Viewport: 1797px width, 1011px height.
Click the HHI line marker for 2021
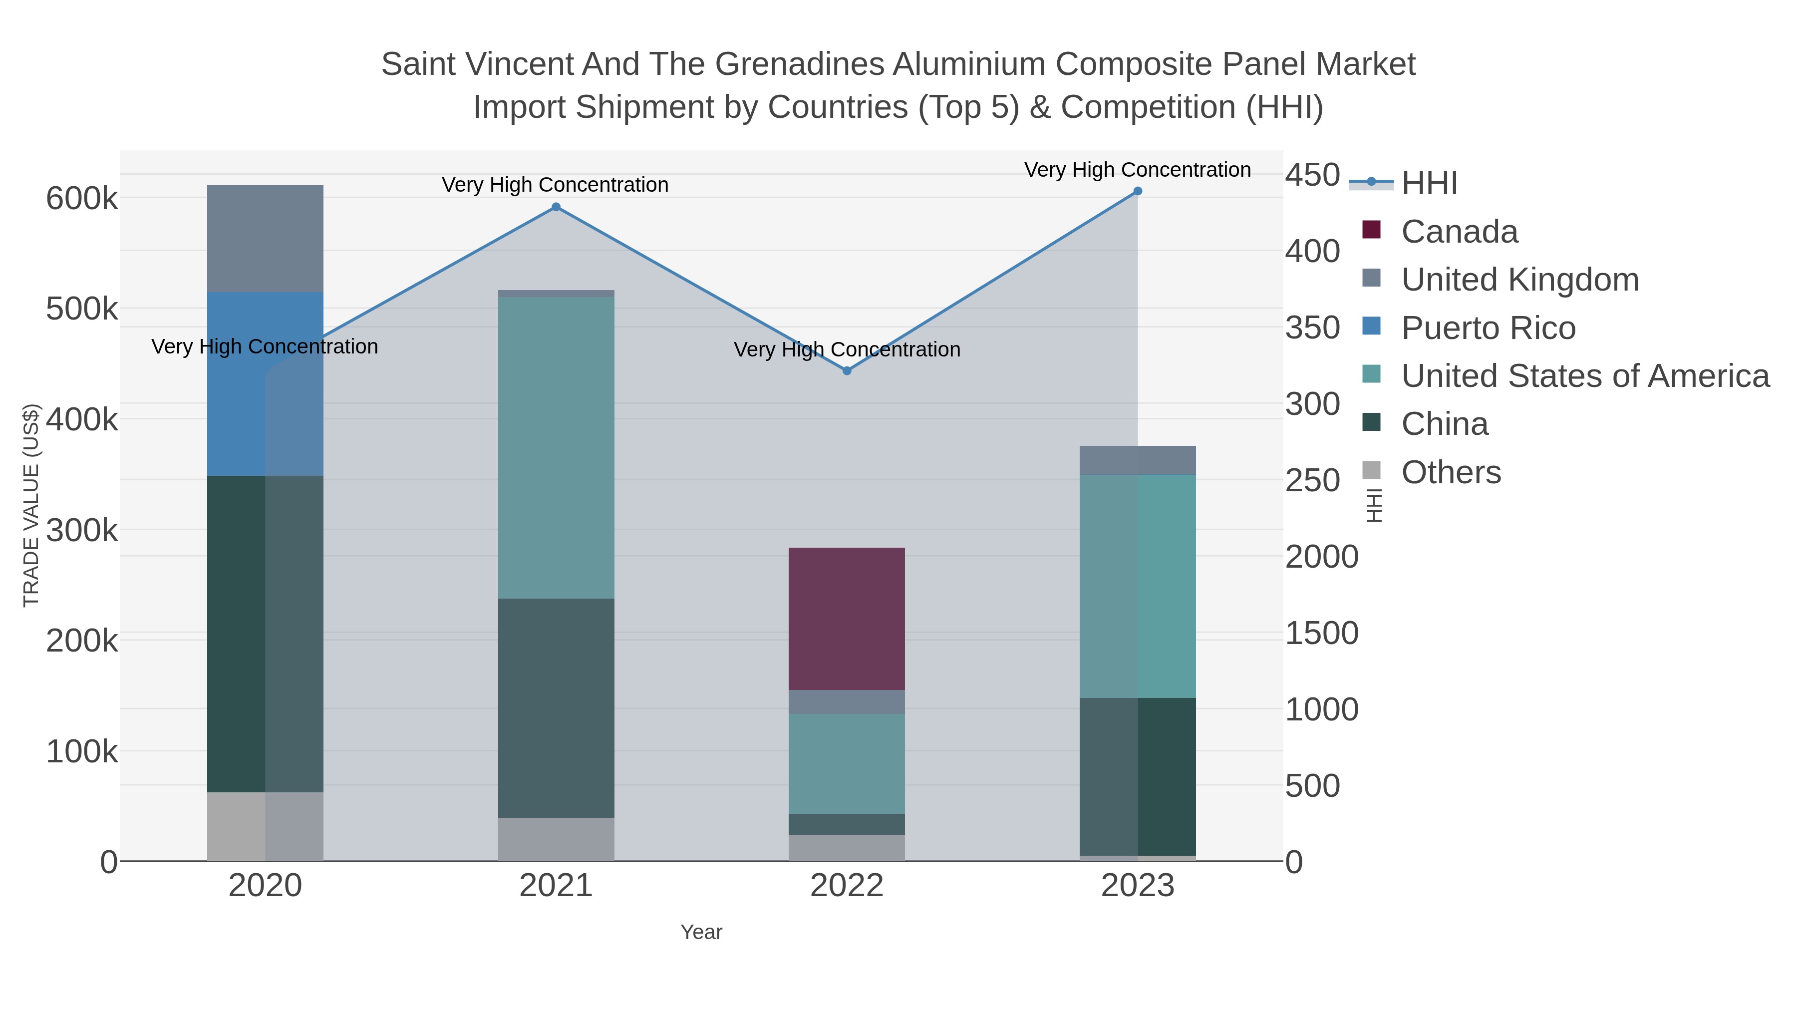tap(556, 207)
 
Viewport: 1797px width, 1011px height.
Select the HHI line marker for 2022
tap(847, 371)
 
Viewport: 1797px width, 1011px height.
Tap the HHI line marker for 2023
tap(1138, 191)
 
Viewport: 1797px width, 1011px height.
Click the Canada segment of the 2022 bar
tap(847, 619)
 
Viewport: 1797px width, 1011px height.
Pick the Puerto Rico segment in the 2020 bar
tap(265, 384)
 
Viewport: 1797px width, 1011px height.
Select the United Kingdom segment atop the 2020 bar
tap(265, 239)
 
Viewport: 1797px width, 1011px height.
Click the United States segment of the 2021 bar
tap(556, 448)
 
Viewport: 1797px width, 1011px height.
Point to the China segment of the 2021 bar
tap(556, 707)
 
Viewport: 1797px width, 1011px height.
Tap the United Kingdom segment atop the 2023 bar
tap(1138, 460)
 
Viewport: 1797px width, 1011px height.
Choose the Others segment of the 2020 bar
tap(265, 826)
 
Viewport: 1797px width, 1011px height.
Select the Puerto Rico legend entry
tap(1488, 328)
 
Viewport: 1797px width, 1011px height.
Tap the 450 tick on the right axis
tap(1312, 175)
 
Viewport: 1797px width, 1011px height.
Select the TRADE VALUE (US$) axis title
tap(31, 505)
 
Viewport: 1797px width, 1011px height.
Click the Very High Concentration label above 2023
tap(1138, 170)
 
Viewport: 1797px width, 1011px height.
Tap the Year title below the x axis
tap(701, 932)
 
